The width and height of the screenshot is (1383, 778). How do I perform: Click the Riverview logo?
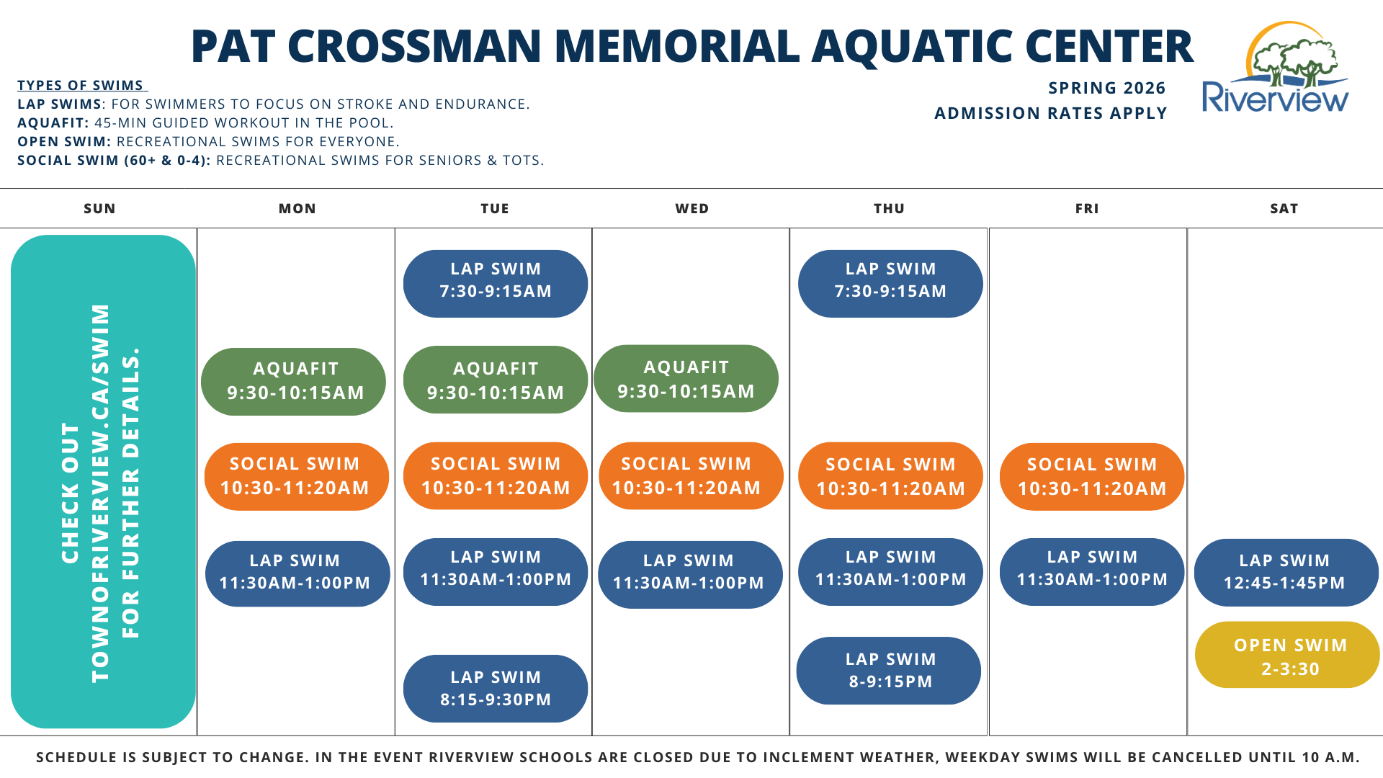pyautogui.click(x=1276, y=68)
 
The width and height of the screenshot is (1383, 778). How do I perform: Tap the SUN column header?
pyautogui.click(x=99, y=209)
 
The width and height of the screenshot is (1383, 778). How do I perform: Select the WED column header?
pyautogui.click(x=692, y=209)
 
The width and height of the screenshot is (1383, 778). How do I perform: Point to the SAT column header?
pyautogui.click(x=1284, y=209)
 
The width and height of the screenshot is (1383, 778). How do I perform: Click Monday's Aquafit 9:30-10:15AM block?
pyautogui.click(x=294, y=382)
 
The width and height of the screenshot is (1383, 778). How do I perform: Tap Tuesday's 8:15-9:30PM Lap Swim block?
pyautogui.click(x=496, y=689)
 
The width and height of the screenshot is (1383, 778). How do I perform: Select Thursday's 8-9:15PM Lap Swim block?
pyautogui.click(x=889, y=671)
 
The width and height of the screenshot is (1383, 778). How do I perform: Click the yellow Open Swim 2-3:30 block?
pyautogui.click(x=1287, y=656)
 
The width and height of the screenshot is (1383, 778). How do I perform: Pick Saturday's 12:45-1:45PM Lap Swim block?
pyautogui.click(x=1286, y=573)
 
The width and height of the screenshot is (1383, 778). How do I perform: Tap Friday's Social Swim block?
pyautogui.click(x=1092, y=477)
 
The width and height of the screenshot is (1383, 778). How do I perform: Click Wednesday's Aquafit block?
pyautogui.click(x=686, y=379)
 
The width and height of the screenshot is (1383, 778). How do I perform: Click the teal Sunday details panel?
pyautogui.click(x=103, y=481)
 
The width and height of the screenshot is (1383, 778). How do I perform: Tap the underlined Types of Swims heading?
pyautogui.click(x=81, y=86)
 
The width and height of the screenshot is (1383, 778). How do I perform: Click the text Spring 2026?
pyautogui.click(x=1106, y=89)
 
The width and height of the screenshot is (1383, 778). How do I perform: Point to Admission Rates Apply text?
pyautogui.click(x=1050, y=114)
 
